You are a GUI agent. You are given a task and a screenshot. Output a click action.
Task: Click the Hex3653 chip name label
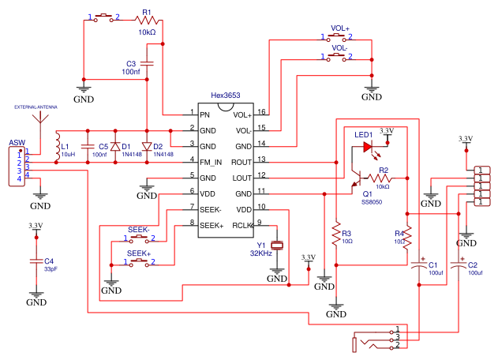pyautogui.click(x=226, y=96)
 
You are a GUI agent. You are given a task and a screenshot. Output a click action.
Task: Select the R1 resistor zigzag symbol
pyautogui.click(x=147, y=21)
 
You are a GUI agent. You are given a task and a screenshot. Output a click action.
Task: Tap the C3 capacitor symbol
pyautogui.click(x=147, y=63)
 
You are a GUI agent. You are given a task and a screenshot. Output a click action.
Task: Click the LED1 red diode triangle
pyautogui.click(x=368, y=147)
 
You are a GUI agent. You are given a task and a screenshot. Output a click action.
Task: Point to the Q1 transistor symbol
pyautogui.click(x=357, y=178)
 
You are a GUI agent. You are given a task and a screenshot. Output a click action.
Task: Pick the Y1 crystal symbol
pyautogui.click(x=277, y=245)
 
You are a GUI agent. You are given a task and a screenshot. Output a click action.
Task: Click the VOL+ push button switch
pyautogui.click(x=337, y=38)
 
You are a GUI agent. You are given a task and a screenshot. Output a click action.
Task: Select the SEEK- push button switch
pyautogui.click(x=138, y=239)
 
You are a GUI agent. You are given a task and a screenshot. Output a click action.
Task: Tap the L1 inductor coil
pyautogui.click(x=58, y=147)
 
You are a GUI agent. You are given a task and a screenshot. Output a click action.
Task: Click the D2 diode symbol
pyautogui.click(x=147, y=147)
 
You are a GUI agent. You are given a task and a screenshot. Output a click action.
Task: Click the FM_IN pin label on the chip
pyautogui.click(x=211, y=163)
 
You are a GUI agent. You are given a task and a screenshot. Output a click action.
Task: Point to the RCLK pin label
pyautogui.click(x=242, y=226)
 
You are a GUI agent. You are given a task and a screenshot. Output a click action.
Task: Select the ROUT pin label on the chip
pyautogui.click(x=242, y=163)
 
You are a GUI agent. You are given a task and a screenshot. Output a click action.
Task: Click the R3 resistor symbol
pyautogui.click(x=336, y=234)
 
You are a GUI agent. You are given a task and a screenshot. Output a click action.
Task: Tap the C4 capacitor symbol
pyautogui.click(x=36, y=261)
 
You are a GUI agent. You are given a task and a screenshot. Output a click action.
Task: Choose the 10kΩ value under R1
pyautogui.click(x=147, y=32)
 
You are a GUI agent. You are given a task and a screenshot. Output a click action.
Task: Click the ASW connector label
pyautogui.click(x=17, y=143)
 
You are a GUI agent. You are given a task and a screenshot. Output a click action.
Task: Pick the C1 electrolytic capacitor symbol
pyautogui.click(x=419, y=264)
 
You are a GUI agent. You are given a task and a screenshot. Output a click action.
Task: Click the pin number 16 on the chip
pyautogui.click(x=261, y=111)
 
